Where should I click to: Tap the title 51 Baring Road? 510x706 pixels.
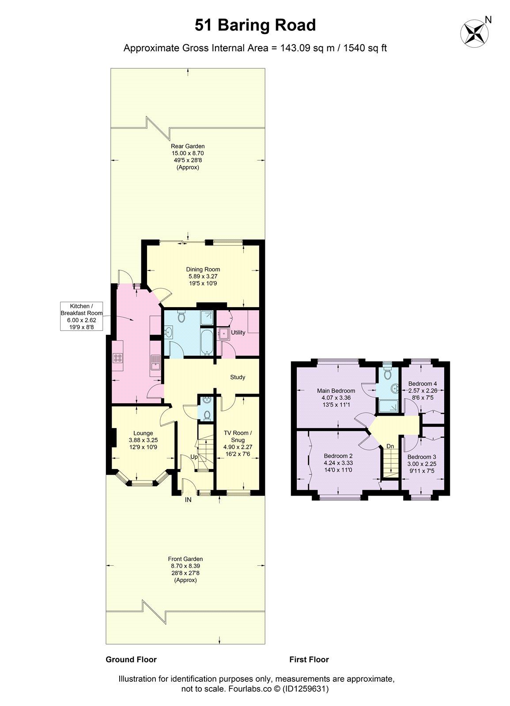(255, 25)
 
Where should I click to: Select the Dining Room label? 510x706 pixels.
(203, 270)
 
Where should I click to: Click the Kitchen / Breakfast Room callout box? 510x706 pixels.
(81, 316)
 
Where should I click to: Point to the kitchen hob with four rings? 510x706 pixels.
(118, 358)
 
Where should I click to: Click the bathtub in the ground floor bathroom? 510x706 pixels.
(207, 342)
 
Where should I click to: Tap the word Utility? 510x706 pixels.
(238, 333)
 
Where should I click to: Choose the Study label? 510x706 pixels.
(238, 377)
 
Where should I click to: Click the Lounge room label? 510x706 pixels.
(143, 433)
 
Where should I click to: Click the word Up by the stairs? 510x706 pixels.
(194, 457)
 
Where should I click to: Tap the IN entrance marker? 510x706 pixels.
(188, 499)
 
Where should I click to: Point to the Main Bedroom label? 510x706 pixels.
(336, 391)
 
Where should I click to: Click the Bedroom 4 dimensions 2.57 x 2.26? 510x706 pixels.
(423, 391)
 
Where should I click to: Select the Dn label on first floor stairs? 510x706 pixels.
(390, 446)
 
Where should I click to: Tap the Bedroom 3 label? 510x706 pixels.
(422, 457)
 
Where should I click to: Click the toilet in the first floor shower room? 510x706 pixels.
(387, 373)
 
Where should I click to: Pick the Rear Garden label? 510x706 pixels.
(188, 146)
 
